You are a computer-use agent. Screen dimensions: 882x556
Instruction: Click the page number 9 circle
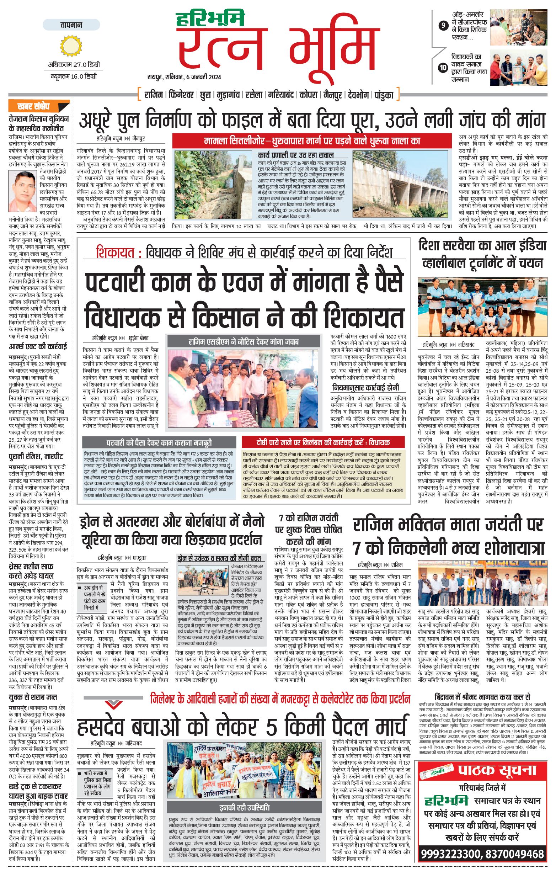[x=443, y=25]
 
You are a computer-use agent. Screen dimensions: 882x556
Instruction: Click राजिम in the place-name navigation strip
[x=153, y=95]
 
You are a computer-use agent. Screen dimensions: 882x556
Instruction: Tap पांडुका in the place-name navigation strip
[x=384, y=95]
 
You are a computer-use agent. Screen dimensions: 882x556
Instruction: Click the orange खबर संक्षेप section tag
[x=34, y=107]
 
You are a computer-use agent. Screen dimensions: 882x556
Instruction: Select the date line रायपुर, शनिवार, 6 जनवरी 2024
[x=184, y=77]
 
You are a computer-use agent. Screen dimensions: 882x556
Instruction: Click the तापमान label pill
[x=71, y=25]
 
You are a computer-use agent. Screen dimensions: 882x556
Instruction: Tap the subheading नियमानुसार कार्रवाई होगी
[x=365, y=388]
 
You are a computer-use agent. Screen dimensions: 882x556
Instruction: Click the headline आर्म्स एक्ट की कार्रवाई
[x=38, y=346]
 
